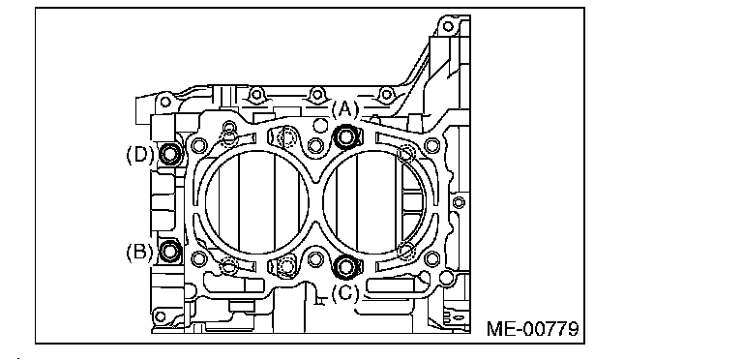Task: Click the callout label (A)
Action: coord(344,110)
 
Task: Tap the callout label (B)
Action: coord(139,251)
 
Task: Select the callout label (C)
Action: coord(344,293)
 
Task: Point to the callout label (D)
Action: coord(139,155)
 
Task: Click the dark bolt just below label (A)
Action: coord(346,136)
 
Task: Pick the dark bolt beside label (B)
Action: coord(169,250)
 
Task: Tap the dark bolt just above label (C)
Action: coord(345,266)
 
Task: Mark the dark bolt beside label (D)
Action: coord(170,154)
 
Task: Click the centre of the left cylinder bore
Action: coord(255,202)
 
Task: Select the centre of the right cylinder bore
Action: coord(374,202)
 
